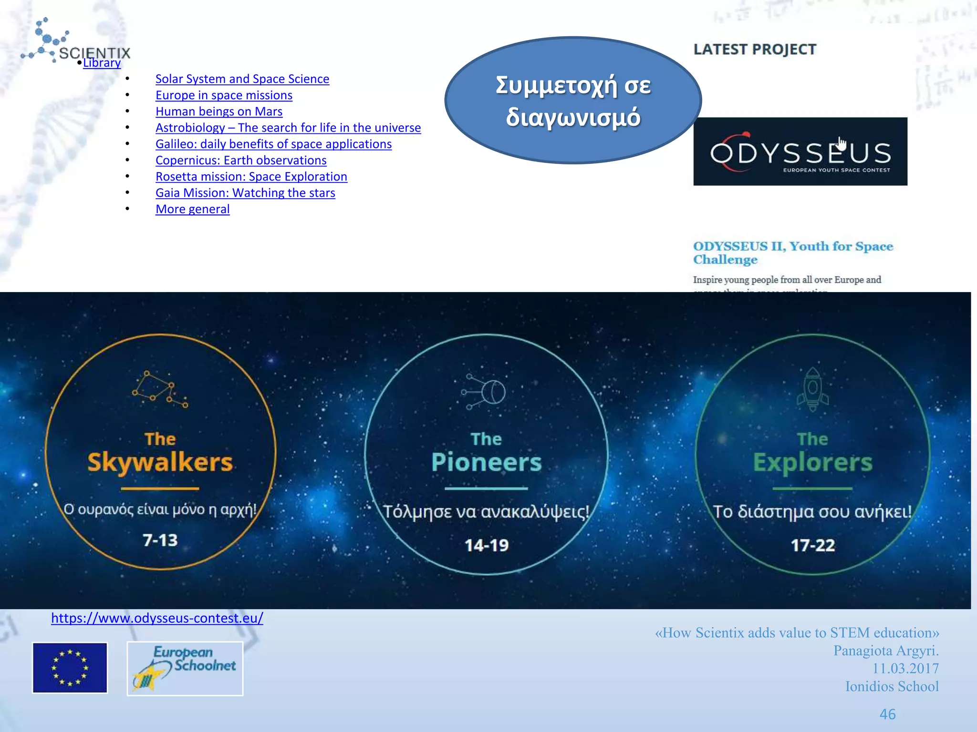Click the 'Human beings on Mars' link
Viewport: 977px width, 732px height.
219,112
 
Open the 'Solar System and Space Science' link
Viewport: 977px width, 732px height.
242,79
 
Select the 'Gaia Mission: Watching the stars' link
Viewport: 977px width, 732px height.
245,193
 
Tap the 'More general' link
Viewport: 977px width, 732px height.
193,209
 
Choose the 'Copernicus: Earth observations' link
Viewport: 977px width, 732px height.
241,161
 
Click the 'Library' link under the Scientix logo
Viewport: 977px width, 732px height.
102,63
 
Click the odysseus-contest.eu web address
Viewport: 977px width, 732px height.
157,618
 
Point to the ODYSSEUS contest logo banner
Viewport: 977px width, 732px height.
800,152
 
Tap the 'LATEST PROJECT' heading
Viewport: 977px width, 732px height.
755,50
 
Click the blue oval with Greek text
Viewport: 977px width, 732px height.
573,101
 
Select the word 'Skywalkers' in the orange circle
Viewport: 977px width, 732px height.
160,462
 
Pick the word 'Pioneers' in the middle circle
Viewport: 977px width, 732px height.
487,462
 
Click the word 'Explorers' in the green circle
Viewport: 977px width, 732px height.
813,462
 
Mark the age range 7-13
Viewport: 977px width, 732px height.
160,540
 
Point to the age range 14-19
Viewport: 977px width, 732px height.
487,545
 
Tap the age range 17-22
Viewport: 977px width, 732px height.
813,545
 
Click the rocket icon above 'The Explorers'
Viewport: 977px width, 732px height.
812,389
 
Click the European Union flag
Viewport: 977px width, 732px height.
70,668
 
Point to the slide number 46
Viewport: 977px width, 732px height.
887,714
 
